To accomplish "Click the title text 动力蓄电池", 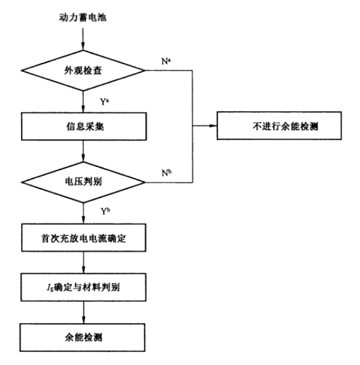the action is [x=83, y=17].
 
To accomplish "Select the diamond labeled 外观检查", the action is [x=83, y=70].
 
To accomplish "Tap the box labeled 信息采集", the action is [x=84, y=127].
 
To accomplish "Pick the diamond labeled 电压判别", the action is [x=83, y=182].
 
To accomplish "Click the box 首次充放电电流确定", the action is [x=83, y=238].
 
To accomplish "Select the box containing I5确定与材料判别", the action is [x=83, y=287].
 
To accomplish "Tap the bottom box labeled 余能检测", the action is [x=82, y=337].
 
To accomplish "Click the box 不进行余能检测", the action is [x=279, y=125].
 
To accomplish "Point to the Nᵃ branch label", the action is [x=166, y=61].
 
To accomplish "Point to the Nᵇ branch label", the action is [x=167, y=173].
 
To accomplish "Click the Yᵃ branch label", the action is [x=104, y=101].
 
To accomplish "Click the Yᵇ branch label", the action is [x=105, y=211].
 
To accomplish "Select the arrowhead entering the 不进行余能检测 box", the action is [x=213, y=125].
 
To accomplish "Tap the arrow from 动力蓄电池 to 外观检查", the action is [x=83, y=39].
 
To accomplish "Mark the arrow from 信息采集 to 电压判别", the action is [x=83, y=151].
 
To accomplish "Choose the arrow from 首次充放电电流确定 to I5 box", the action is [x=83, y=262].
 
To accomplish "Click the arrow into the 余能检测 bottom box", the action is [x=83, y=312].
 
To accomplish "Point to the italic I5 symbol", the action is [x=50, y=288].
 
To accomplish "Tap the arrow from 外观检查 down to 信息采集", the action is [x=83, y=101].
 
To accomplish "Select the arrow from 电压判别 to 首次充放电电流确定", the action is [x=83, y=214].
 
